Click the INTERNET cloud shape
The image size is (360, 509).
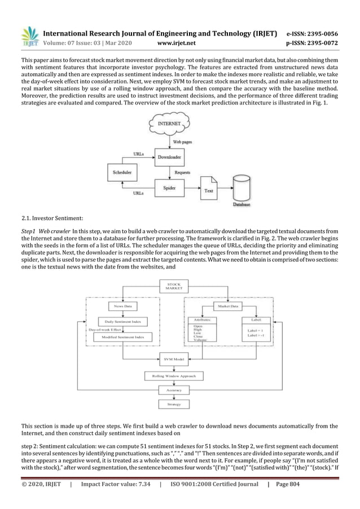pyautogui.click(x=169, y=123)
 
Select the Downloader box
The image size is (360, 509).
pyautogui.click(x=169, y=157)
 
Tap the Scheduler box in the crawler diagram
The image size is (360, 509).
pyautogui.click(x=122, y=171)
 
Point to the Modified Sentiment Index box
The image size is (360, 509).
pyautogui.click(x=122, y=337)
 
